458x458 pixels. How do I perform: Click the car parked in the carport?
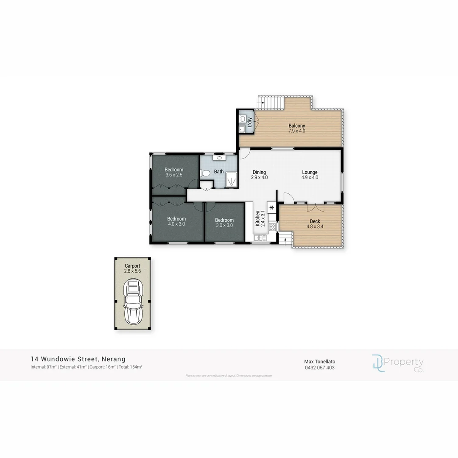point(133,302)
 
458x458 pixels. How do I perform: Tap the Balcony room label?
point(296,126)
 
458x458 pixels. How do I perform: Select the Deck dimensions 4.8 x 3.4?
point(315,226)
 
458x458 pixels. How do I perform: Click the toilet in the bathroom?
point(206,173)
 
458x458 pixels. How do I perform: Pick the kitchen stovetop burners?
point(272,227)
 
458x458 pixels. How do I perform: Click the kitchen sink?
point(260,238)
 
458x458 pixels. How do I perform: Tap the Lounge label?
point(310,172)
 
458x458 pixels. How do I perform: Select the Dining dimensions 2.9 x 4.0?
point(259,178)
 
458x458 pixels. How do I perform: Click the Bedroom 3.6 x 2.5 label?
point(174,170)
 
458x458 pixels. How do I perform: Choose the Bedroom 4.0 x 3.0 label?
point(176,219)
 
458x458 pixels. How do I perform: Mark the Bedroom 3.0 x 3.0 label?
point(224,220)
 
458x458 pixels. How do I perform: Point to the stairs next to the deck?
point(285,239)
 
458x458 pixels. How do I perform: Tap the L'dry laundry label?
point(250,122)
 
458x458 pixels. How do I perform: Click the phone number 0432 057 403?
point(319,368)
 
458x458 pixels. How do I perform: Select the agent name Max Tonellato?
point(319,361)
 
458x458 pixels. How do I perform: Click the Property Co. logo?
point(397,364)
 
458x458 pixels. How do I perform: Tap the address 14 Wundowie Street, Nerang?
point(78,359)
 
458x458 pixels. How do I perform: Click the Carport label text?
point(132,266)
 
